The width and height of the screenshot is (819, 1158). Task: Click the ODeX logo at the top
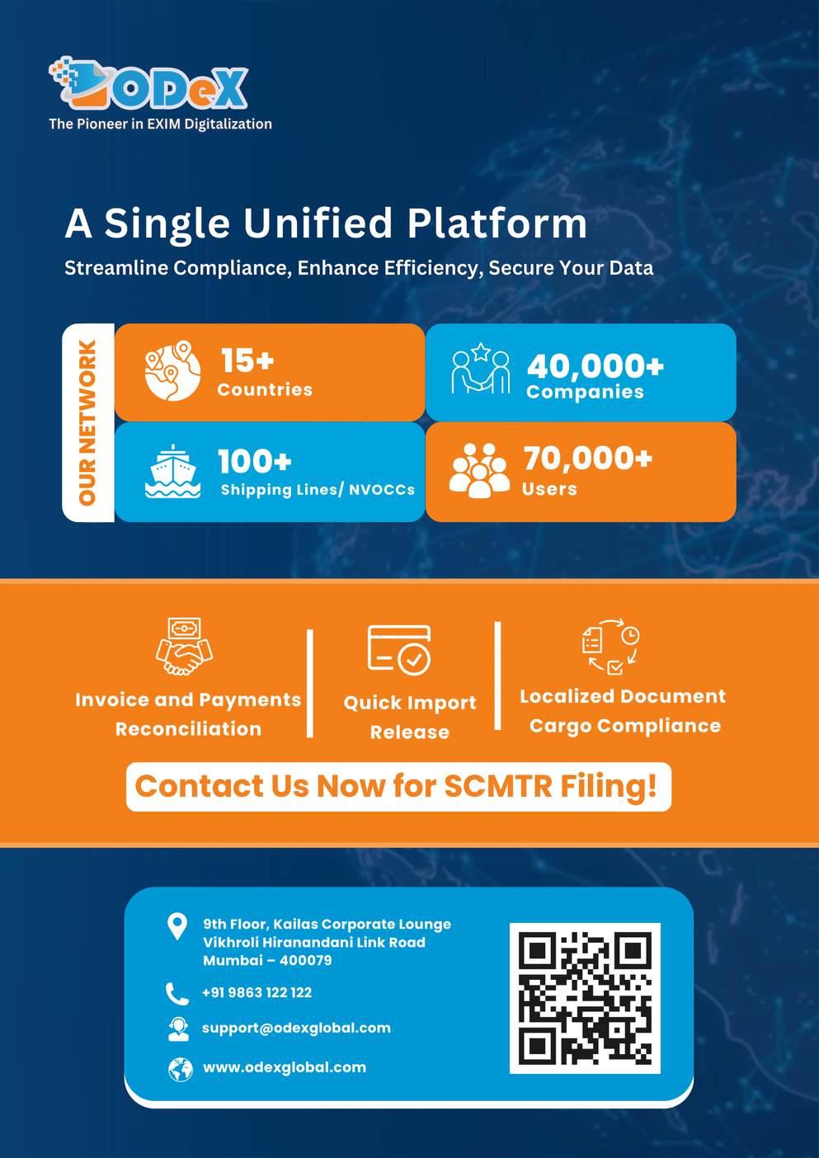point(148,84)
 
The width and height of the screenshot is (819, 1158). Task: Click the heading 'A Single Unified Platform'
point(326,223)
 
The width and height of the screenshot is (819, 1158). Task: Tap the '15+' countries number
point(247,360)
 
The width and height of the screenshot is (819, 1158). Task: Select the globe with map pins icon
point(172,371)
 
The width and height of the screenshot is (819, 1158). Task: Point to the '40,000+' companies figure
point(595,365)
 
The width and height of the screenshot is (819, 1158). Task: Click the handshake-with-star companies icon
point(481,370)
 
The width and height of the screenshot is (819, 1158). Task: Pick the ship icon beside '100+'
point(172,472)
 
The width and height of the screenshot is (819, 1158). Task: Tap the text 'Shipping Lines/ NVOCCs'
point(318,489)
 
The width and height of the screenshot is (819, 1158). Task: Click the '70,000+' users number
point(587,457)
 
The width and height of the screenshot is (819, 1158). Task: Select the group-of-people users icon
point(479,471)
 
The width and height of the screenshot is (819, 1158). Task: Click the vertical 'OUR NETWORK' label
point(87,422)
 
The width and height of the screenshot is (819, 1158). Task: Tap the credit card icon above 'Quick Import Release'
point(399,649)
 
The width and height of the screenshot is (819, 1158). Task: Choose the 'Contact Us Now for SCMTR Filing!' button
point(398,786)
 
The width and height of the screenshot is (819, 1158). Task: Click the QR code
point(585,997)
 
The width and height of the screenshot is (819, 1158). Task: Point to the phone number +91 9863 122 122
point(257,992)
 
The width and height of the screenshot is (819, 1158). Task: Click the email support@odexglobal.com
point(296,1028)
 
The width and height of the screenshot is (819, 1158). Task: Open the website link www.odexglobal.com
point(285,1066)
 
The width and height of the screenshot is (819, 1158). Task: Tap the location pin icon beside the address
point(177,926)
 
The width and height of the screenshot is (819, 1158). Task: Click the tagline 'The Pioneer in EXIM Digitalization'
point(160,124)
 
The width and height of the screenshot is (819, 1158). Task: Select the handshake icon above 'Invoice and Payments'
point(184,647)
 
